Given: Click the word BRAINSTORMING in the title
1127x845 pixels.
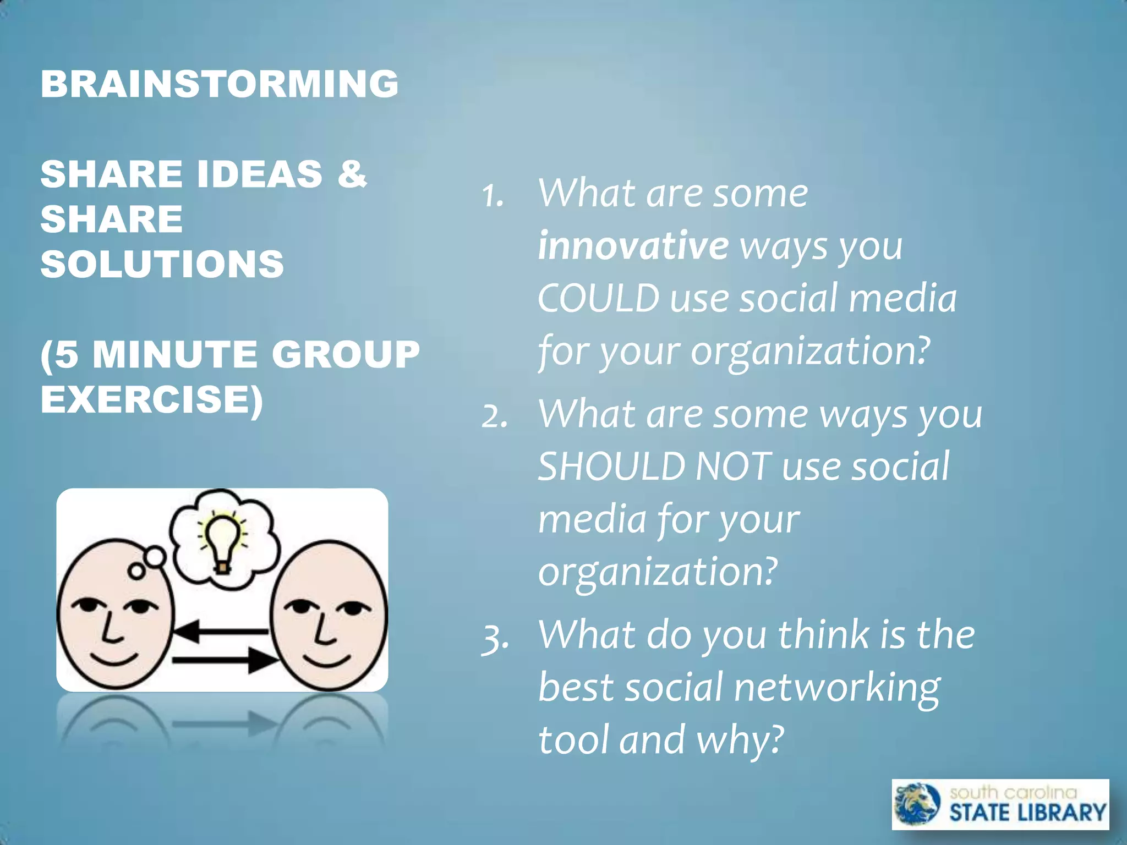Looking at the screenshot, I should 219,84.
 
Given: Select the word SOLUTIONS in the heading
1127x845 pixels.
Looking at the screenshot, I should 162,264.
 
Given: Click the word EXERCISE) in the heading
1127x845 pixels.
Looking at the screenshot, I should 152,399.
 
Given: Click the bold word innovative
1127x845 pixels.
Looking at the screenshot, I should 633,245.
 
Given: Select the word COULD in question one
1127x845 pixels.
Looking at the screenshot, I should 598,298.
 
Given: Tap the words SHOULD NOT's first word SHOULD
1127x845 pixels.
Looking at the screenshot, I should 611,467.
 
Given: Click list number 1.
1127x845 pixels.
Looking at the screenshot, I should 493,196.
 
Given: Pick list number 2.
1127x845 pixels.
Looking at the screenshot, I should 494,416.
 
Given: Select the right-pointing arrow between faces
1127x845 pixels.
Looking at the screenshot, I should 226,660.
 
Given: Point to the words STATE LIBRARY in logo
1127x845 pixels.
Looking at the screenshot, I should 1027,813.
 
